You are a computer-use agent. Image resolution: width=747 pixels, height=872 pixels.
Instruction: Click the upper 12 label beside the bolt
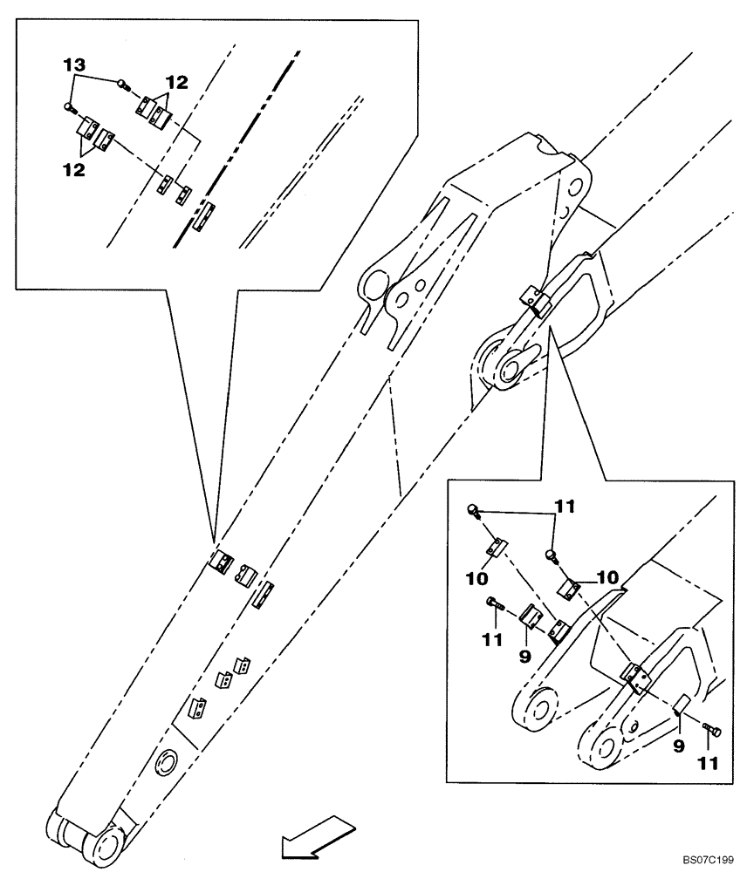pyautogui.click(x=177, y=82)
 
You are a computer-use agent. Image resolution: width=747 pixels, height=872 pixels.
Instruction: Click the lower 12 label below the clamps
pyautogui.click(x=72, y=170)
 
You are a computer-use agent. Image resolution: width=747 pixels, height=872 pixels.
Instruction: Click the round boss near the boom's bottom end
pyautogui.click(x=167, y=765)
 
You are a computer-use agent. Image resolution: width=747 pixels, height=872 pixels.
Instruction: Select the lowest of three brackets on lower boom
pyautogui.click(x=198, y=707)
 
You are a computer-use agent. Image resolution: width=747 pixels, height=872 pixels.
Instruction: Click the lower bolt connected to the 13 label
pyautogui.click(x=69, y=107)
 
